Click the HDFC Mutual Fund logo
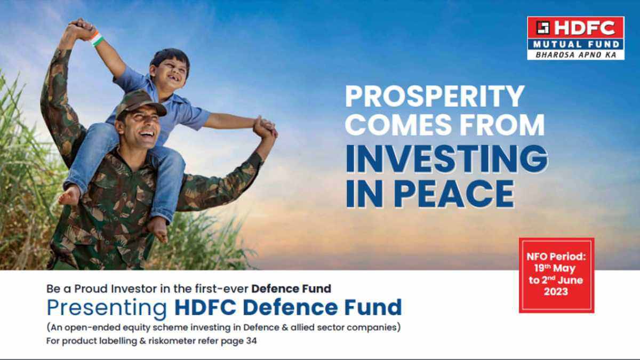575,38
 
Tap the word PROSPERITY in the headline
435,97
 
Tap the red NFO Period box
556,275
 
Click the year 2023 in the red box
556,292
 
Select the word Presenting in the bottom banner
107,308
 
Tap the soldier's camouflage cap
140,102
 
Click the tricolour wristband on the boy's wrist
96,38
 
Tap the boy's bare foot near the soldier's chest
72,195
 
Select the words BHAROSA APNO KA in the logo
575,54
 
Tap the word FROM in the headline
505,125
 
